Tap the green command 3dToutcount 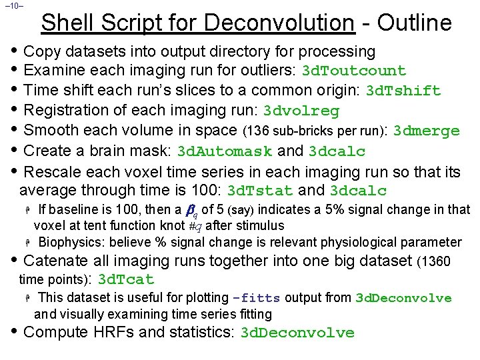tap(354, 71)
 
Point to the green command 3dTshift tap(403, 91)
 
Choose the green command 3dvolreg tap(301, 111)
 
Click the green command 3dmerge tap(427, 131)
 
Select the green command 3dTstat tap(260, 191)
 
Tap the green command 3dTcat tap(126, 280)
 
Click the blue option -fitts tap(257, 298)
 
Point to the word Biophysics tap(71, 242)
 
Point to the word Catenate tap(55, 260)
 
